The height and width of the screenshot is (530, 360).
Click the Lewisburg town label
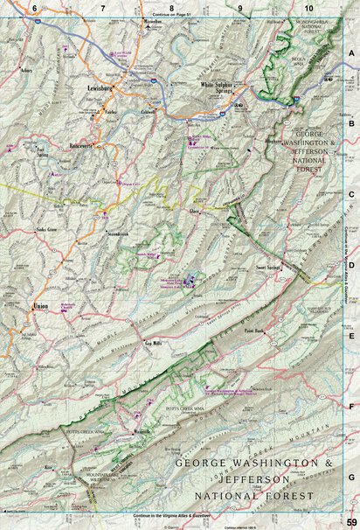103,88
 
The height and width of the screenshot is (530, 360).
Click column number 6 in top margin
35,7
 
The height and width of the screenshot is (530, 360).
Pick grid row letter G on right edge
351,478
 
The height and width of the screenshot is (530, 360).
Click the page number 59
350,521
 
